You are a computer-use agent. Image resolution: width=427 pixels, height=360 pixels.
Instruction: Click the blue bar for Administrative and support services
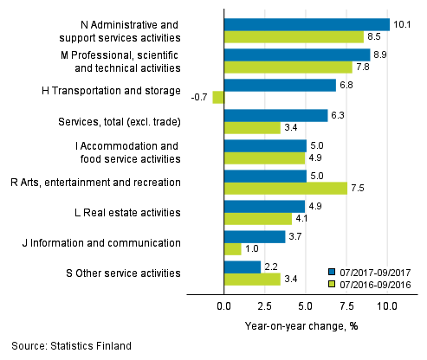pos(307,24)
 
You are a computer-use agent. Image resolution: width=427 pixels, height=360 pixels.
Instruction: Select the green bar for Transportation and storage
pos(218,98)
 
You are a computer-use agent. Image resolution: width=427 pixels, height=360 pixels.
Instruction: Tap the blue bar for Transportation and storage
pos(279,85)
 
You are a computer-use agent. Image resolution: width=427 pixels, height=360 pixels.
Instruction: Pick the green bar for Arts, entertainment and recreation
pos(285,189)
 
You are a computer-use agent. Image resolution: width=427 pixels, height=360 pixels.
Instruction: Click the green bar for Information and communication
pos(232,249)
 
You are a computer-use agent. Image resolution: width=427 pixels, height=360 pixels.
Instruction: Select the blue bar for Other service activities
pos(242,267)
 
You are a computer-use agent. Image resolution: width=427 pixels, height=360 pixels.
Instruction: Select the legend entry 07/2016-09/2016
pos(376,282)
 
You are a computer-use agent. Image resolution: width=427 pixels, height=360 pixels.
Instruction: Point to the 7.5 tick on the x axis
pos(346,306)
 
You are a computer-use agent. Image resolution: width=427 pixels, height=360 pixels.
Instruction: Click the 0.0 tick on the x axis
pos(223,306)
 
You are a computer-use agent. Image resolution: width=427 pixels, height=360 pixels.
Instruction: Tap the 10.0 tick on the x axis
pos(385,306)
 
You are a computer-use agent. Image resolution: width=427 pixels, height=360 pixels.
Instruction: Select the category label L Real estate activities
pos(126,212)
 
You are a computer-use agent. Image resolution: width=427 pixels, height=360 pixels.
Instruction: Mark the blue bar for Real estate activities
pos(264,206)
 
